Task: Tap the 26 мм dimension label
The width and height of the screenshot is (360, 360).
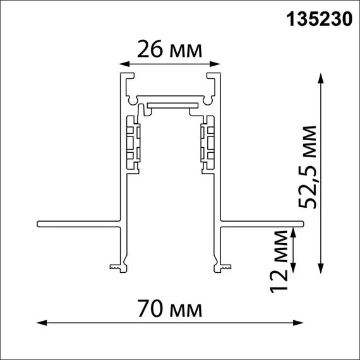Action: click(x=171, y=49)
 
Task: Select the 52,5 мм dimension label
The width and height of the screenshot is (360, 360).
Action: click(x=309, y=167)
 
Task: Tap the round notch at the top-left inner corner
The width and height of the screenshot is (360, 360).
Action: click(x=131, y=100)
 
